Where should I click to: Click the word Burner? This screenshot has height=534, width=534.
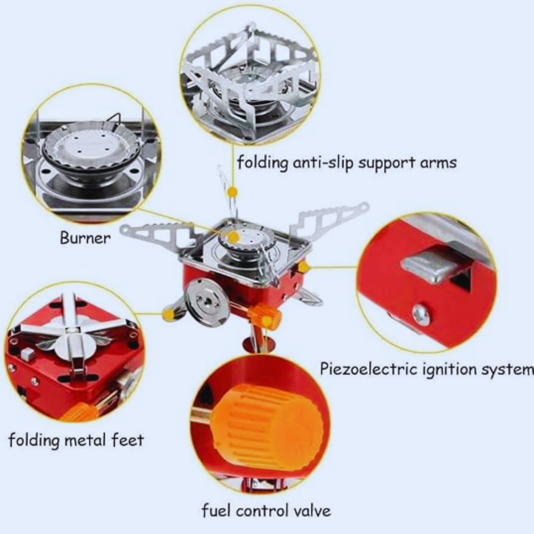(x=85, y=238)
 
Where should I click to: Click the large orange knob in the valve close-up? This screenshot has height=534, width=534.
(x=267, y=426)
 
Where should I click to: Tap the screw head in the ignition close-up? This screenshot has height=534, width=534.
(x=422, y=314)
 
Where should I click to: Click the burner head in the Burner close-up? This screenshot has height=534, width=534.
(x=91, y=148)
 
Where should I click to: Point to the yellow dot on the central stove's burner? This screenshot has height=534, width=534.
(x=233, y=237)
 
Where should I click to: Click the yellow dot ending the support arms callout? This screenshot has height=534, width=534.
(x=233, y=191)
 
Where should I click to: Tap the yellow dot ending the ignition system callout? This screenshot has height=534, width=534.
(x=304, y=267)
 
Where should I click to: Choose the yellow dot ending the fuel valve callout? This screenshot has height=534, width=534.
(x=267, y=321)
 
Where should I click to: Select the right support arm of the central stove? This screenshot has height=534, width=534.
(x=329, y=220)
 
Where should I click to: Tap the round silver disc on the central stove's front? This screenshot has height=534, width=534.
(x=205, y=302)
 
